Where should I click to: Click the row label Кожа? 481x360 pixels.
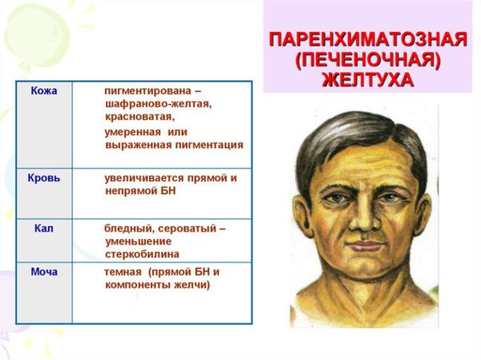click(44, 91)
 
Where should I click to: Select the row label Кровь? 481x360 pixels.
click(44, 178)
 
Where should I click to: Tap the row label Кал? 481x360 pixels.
click(44, 229)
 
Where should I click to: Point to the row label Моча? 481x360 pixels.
click(44, 272)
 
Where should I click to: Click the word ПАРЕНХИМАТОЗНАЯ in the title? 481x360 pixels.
click(368, 39)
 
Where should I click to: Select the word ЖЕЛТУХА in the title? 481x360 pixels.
click(367, 80)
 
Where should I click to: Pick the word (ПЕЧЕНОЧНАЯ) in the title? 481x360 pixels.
click(367, 59)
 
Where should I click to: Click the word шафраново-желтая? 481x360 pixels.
click(158, 104)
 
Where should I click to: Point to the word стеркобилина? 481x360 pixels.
click(142, 254)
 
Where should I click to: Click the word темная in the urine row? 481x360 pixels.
click(123, 272)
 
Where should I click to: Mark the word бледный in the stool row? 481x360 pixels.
click(126, 229)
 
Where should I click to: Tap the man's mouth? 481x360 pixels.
click(366, 245)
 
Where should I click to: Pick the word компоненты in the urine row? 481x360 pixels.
click(138, 285)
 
